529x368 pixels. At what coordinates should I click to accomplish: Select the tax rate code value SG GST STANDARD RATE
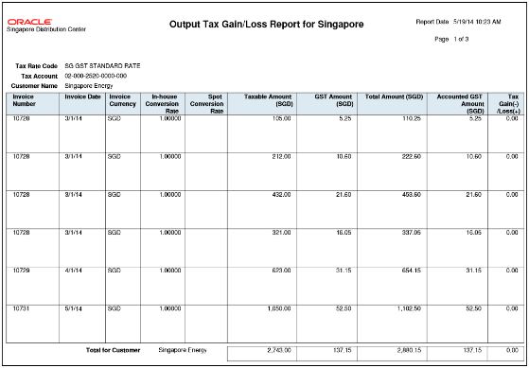102,66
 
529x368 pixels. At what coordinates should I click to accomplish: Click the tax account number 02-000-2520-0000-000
96,76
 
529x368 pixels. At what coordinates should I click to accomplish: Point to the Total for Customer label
112,349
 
